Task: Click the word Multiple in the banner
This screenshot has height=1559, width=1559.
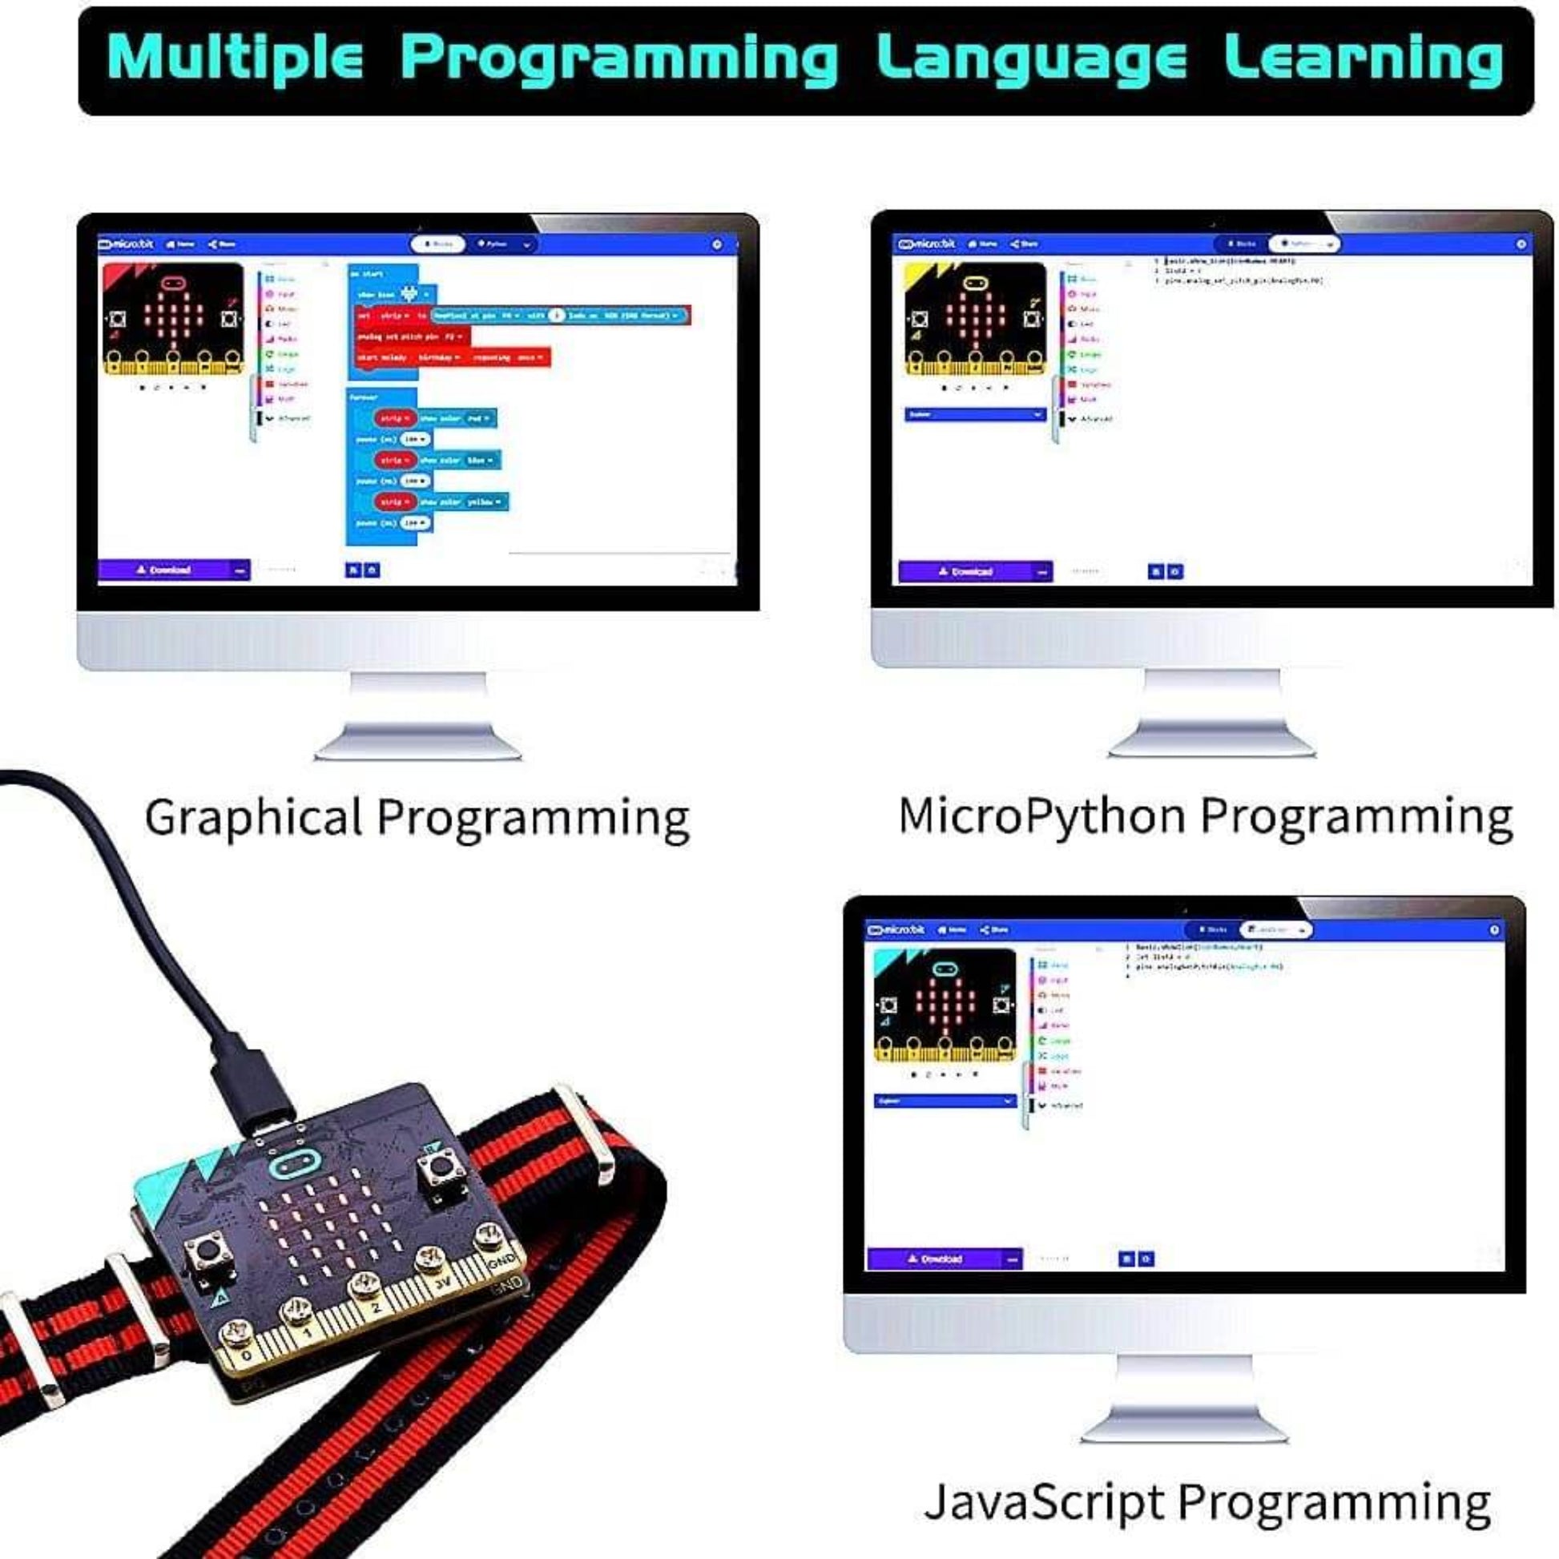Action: pyautogui.click(x=235, y=59)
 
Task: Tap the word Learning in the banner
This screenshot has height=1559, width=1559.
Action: pyautogui.click(x=1363, y=59)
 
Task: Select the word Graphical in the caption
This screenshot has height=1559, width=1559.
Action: pyautogui.click(x=253, y=817)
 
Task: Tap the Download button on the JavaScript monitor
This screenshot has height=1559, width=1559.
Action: pyautogui.click(x=935, y=1259)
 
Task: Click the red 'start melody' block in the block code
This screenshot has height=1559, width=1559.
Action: pyautogui.click(x=452, y=357)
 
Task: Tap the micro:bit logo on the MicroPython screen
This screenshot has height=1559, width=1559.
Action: pyautogui.click(x=927, y=244)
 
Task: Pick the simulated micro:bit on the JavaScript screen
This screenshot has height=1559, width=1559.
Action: pyautogui.click(x=945, y=1005)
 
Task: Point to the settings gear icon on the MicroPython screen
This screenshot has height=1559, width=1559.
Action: pyautogui.click(x=1521, y=244)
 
